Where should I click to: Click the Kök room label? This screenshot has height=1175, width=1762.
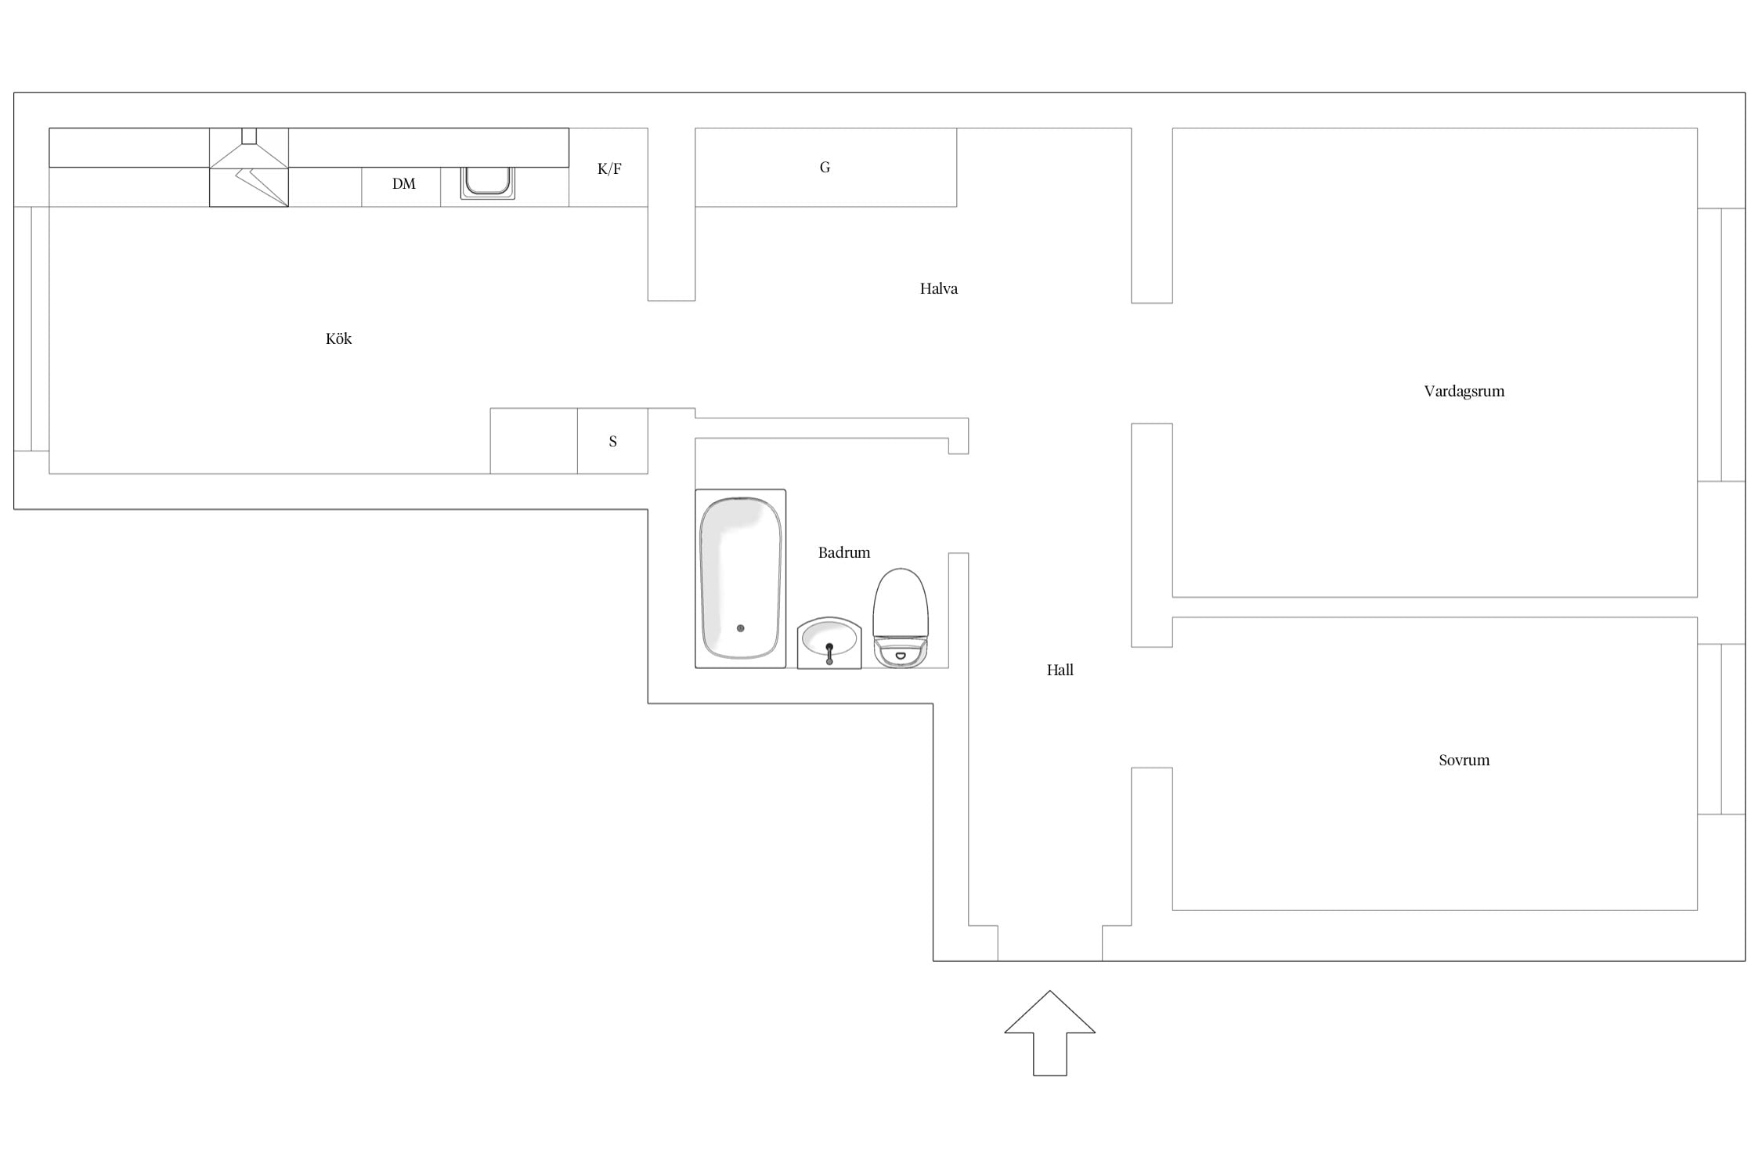tap(338, 339)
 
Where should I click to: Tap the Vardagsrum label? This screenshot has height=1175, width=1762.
tap(1464, 392)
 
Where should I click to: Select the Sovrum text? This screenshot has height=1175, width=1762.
tap(1464, 760)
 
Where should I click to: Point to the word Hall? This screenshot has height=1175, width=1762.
tap(1060, 670)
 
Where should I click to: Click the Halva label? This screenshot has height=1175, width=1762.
tap(938, 288)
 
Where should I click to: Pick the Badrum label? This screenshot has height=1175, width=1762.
tap(843, 552)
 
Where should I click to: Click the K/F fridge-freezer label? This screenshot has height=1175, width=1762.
tap(609, 168)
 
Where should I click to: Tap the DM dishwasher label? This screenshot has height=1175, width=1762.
tap(403, 184)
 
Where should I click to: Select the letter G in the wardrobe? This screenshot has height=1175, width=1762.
tap(825, 167)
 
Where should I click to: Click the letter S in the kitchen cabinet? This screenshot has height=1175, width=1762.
tap(612, 441)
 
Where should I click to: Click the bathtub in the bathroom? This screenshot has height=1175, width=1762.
tap(740, 578)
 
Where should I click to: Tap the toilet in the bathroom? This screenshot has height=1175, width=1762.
tap(901, 618)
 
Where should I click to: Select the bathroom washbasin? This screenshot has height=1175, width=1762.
tap(829, 642)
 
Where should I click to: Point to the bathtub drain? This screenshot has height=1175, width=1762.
tap(740, 628)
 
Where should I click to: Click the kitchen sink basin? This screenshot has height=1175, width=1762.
tap(487, 182)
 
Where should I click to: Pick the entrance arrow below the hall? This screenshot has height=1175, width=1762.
tap(1049, 1032)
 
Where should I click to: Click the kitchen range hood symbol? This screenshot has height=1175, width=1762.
tap(249, 167)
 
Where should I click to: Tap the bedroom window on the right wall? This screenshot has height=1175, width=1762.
tap(1721, 729)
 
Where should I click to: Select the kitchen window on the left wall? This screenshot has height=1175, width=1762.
tap(31, 329)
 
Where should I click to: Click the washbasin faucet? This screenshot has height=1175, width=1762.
tap(829, 653)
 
